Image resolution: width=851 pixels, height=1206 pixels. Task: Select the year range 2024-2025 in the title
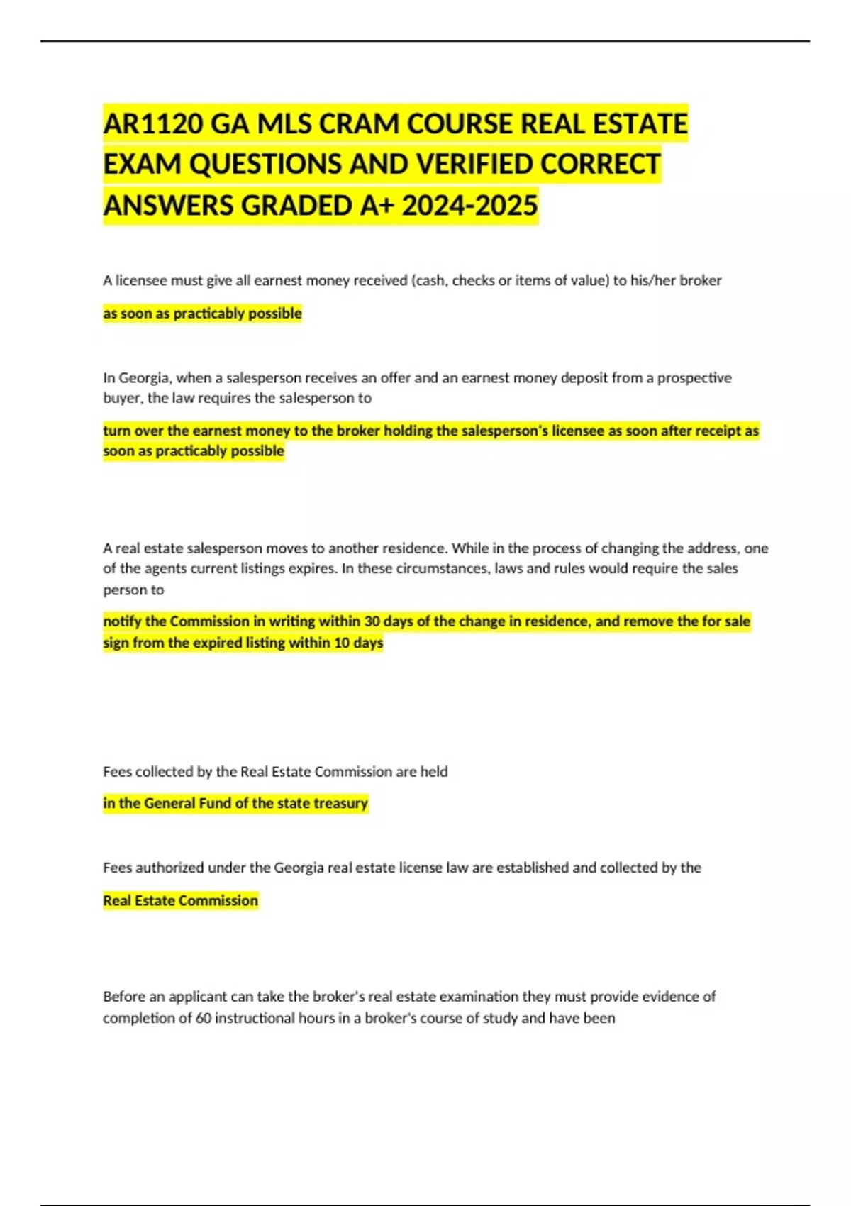470,206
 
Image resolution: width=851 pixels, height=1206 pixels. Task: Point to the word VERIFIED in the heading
474,165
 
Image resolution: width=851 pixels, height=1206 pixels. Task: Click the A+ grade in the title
377,206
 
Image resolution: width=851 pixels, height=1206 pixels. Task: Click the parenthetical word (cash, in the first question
429,280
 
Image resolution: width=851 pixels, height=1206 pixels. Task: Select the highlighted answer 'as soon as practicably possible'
202,314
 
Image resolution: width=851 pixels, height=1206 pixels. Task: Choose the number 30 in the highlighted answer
372,621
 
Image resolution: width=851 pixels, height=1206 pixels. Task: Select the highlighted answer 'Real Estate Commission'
180,900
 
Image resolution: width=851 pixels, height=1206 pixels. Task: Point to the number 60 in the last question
204,1018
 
